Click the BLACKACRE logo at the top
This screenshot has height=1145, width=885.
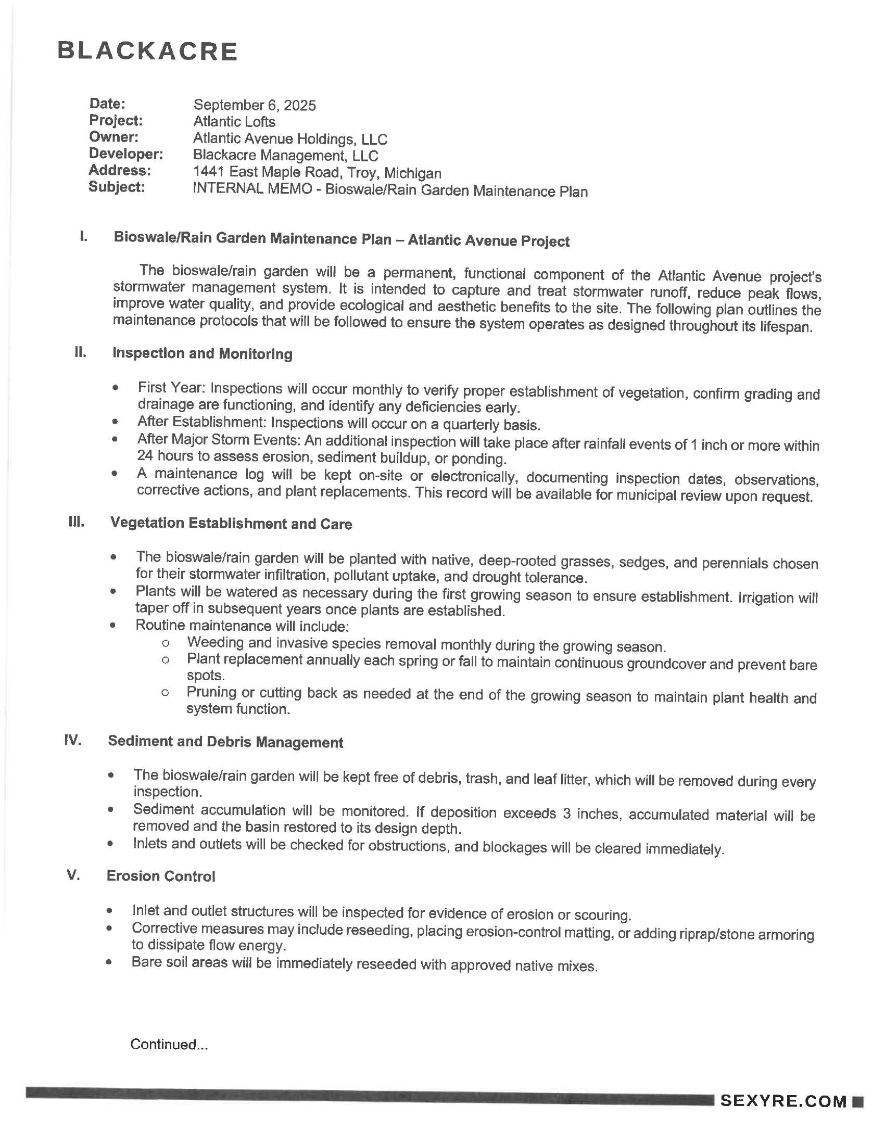(147, 52)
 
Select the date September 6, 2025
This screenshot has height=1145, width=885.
(255, 105)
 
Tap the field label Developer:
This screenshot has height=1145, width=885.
(126, 154)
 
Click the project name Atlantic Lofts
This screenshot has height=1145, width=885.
(234, 122)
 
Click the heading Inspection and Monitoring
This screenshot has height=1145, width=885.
(203, 353)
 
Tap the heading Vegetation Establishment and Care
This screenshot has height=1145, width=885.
(231, 523)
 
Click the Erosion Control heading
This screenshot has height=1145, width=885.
(161, 876)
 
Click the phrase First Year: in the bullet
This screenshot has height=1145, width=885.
(171, 387)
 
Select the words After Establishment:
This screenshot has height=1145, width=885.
(202, 422)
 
